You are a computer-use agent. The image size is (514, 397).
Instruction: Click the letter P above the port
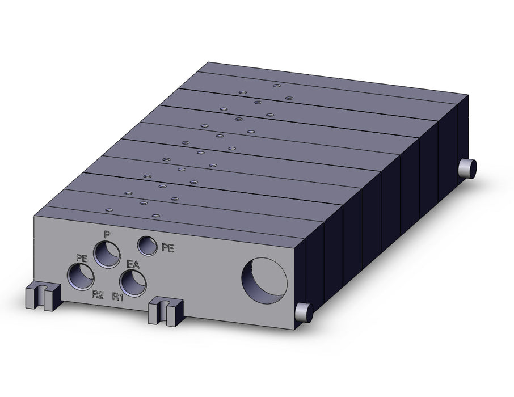click(107, 234)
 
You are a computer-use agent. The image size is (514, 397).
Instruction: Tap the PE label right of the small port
click(168, 248)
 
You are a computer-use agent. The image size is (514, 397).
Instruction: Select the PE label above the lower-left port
click(82, 258)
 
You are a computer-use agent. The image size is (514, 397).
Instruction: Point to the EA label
click(133, 264)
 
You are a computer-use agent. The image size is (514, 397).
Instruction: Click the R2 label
click(98, 295)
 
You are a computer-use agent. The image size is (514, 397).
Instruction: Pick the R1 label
click(117, 297)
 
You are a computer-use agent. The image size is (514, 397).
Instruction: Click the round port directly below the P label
click(107, 254)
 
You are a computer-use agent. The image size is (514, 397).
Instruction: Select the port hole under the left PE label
click(81, 277)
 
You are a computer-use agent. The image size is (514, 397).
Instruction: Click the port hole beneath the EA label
click(133, 283)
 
